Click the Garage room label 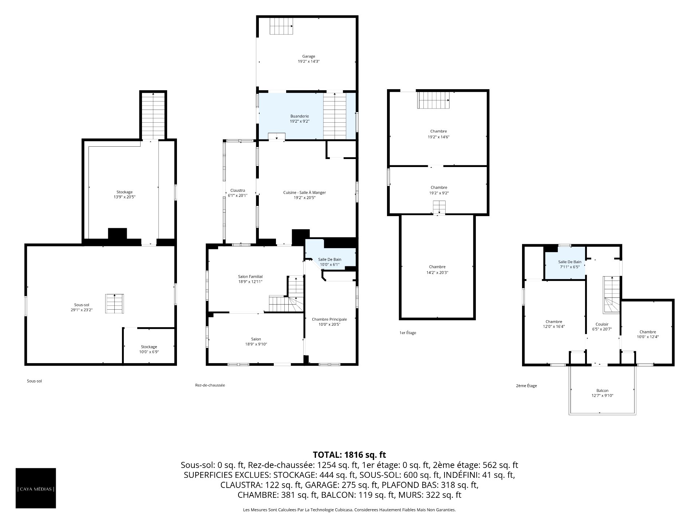tap(309, 56)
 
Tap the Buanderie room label tap(300, 116)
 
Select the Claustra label tap(238, 190)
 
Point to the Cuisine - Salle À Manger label tap(304, 192)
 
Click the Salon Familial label tap(250, 277)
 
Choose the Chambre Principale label tap(329, 319)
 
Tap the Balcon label tap(603, 390)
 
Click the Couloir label tap(602, 324)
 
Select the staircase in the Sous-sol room tap(115, 303)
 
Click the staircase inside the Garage tap(281, 26)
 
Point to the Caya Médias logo tap(36, 488)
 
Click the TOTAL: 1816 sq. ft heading tap(349, 454)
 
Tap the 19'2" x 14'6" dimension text tap(438, 137)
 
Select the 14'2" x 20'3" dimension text tap(437, 272)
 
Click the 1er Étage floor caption tap(408, 333)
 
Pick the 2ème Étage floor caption tap(526, 386)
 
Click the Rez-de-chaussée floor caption tap(210, 385)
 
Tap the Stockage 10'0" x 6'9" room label tap(149, 349)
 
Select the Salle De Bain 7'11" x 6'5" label tap(570, 264)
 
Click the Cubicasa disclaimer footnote tap(349, 510)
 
